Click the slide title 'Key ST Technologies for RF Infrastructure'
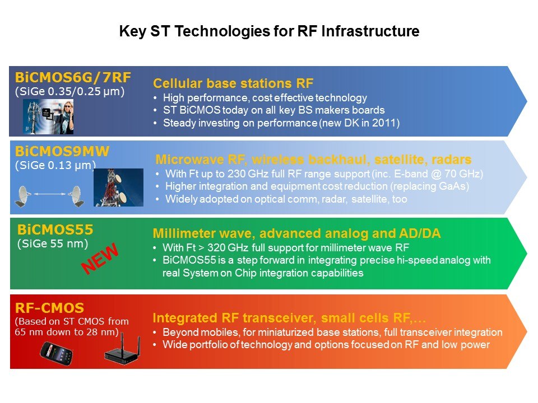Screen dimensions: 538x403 tap(269, 31)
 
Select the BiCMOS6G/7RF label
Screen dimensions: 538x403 tap(73, 77)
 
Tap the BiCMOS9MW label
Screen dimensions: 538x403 tap(62, 151)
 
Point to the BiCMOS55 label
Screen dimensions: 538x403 tap(55, 229)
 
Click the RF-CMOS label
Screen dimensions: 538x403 tap(49, 308)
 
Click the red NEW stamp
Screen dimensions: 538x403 tap(100, 258)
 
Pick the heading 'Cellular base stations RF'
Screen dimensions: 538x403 tap(233, 83)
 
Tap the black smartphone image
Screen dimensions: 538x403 tap(56, 353)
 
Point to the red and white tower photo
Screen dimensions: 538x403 tap(118, 187)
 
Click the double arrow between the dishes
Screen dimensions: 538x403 tap(50, 194)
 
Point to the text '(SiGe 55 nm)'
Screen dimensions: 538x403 tap(53, 243)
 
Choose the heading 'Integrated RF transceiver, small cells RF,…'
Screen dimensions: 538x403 tap(289, 318)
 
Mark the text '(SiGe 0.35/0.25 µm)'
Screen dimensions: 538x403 tap(69, 91)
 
